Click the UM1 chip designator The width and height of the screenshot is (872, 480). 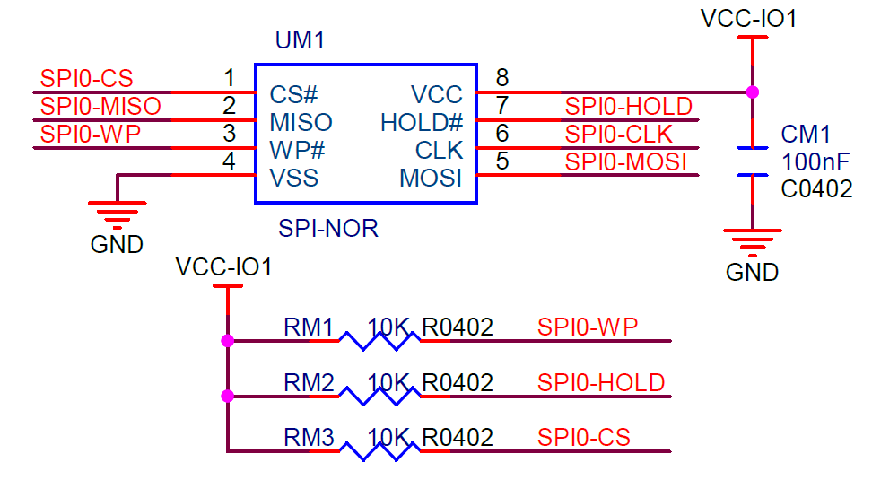point(300,40)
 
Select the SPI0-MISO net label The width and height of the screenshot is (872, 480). point(100,107)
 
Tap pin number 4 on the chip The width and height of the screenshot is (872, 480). point(229,162)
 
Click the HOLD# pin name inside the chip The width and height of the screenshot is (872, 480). point(421,122)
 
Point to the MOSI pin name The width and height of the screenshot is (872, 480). point(431,179)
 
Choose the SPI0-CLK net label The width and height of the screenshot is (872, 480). point(618,135)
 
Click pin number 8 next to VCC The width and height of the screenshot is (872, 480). point(501,78)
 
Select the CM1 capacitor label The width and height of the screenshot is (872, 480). point(806,135)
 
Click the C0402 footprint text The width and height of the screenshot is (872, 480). point(816,188)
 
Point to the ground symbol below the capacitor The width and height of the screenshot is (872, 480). point(752,240)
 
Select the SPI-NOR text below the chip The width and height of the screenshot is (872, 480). point(327,229)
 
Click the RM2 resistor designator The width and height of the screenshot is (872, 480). point(309,383)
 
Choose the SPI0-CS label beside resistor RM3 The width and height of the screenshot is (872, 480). point(584,438)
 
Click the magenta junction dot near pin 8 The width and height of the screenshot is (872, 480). point(752,92)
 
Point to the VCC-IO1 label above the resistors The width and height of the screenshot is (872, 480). point(224,267)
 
